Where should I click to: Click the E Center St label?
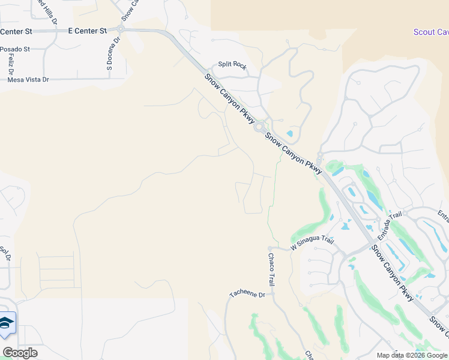[x=87, y=30]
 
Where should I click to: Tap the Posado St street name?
[x=14, y=50]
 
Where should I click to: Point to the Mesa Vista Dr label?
[x=28, y=79]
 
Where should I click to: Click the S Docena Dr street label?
[x=110, y=56]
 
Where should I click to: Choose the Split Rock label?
[x=232, y=65]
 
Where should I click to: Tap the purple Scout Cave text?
[x=431, y=32]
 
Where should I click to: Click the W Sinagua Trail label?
[x=312, y=243]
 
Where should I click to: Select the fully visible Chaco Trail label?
[x=271, y=269]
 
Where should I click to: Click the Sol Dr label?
[x=5, y=254]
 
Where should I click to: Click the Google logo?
[x=20, y=353]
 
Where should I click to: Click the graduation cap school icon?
[x=6, y=323]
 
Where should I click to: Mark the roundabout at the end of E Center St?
[x=121, y=29]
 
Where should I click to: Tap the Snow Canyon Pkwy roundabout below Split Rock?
[x=259, y=127]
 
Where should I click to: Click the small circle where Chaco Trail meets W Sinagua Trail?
[x=271, y=247]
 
